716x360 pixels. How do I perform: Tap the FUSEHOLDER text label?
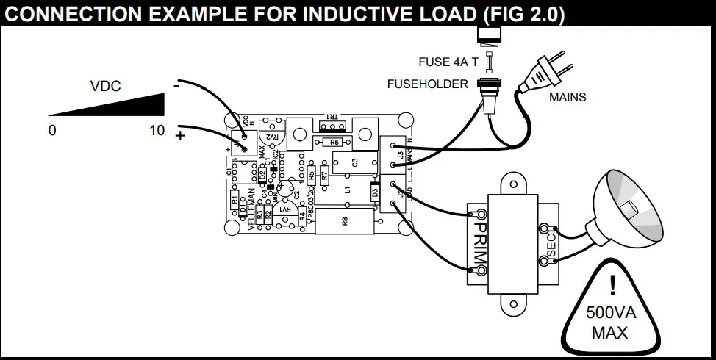[427, 84]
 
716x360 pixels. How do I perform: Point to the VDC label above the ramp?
[105, 86]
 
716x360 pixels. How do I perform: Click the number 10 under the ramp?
[157, 132]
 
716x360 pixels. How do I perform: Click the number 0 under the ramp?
[51, 132]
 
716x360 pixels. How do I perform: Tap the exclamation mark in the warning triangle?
[611, 287]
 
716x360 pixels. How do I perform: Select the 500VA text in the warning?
[610, 312]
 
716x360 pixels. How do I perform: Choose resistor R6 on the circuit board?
[334, 142]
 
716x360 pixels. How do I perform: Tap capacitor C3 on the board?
[354, 163]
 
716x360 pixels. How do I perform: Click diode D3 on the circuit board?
[375, 193]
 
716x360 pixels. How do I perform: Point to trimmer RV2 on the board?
[273, 135]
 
